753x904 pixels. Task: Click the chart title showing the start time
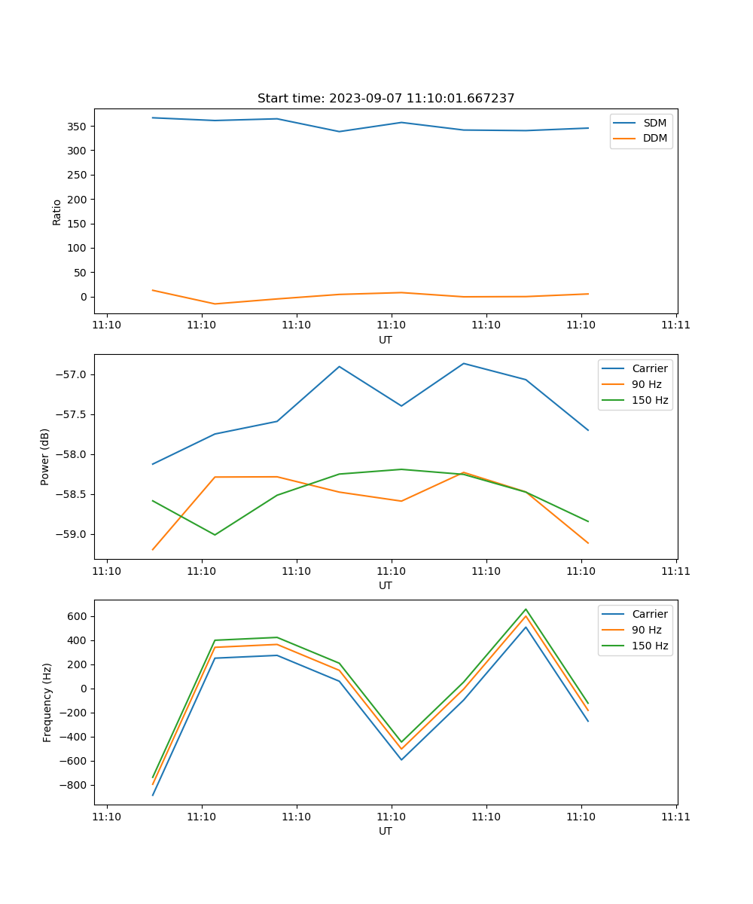click(x=386, y=99)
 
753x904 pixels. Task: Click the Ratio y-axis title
click(x=57, y=212)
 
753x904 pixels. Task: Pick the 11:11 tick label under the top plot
click(x=675, y=325)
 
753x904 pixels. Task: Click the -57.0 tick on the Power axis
click(x=72, y=375)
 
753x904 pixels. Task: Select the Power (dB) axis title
click(x=45, y=457)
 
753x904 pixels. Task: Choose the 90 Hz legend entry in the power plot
click(x=646, y=384)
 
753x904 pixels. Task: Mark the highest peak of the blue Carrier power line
click(x=463, y=363)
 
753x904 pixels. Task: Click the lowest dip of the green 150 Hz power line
click(x=215, y=535)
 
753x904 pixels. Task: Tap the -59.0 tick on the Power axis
click(x=72, y=535)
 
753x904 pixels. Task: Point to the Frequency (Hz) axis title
click(x=47, y=702)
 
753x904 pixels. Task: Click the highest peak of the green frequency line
click(x=526, y=609)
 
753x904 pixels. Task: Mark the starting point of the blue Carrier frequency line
click(x=153, y=796)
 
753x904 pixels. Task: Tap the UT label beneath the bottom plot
click(x=386, y=831)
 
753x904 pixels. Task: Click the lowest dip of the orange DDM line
click(x=215, y=304)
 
